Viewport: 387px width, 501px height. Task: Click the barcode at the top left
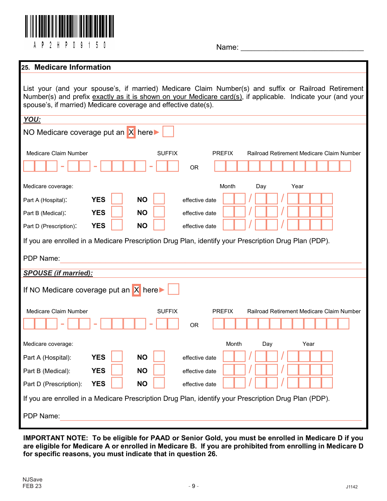point(69,26)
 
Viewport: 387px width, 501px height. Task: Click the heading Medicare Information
point(73,67)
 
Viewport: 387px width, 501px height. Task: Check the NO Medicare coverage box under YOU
point(168,132)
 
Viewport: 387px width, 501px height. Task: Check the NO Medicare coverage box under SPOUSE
point(174,289)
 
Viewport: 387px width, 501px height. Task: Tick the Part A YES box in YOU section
point(117,199)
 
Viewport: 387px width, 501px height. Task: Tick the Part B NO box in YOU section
point(159,212)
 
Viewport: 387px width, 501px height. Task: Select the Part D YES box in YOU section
point(117,225)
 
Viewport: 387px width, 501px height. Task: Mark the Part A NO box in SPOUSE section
point(159,356)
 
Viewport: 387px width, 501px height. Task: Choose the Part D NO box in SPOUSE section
point(159,383)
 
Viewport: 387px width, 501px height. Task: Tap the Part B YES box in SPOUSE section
point(117,370)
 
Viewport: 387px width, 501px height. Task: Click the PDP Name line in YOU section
point(211,259)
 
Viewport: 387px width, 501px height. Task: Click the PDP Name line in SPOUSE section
point(211,416)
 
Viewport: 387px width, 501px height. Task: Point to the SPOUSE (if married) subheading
point(58,273)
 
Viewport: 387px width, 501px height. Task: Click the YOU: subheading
point(32,119)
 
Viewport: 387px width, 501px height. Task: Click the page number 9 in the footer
point(193,486)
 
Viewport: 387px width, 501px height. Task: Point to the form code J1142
point(352,487)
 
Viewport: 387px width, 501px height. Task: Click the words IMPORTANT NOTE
point(55,438)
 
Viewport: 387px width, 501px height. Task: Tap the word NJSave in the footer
point(33,479)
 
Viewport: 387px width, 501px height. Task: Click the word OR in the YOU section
point(194,167)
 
